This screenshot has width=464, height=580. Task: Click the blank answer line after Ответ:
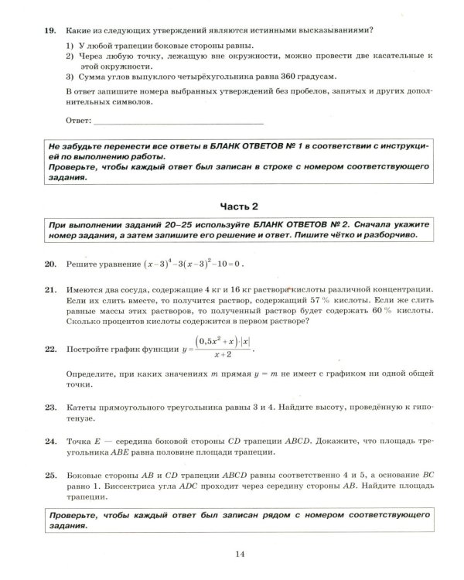point(178,121)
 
